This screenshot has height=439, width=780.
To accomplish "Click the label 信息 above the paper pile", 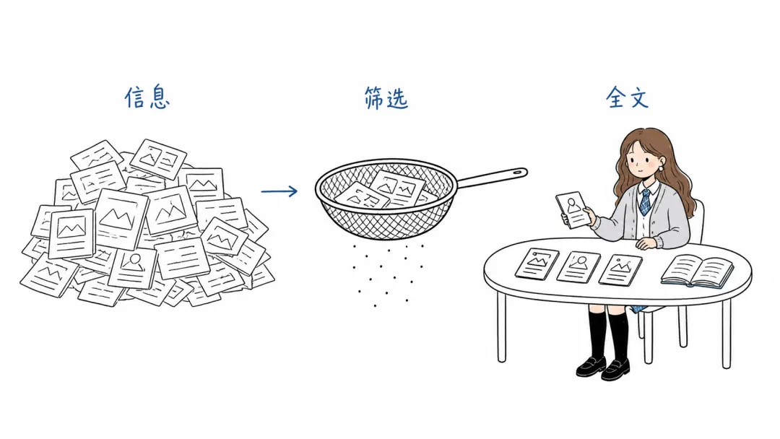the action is click(x=147, y=97).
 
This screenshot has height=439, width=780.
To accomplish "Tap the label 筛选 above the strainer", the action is click(x=386, y=98).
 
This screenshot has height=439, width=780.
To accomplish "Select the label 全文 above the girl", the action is click(x=628, y=97).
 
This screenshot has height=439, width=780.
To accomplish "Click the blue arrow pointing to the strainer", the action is click(x=279, y=191).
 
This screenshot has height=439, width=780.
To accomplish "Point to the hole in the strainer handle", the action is click(x=517, y=173).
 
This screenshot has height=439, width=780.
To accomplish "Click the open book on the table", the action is click(x=697, y=271).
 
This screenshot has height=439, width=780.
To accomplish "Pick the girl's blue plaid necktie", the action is click(x=645, y=202).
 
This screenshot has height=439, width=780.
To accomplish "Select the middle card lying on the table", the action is click(x=578, y=267).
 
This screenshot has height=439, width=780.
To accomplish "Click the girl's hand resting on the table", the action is click(x=646, y=243).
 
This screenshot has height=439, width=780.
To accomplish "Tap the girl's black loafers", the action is click(x=602, y=368).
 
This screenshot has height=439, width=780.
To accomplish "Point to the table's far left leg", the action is click(x=501, y=327).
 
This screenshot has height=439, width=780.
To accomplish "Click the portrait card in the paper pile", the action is click(x=132, y=268).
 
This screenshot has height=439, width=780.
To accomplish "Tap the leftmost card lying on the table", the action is click(x=537, y=264).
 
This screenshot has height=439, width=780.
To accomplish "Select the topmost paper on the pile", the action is click(x=158, y=158).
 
